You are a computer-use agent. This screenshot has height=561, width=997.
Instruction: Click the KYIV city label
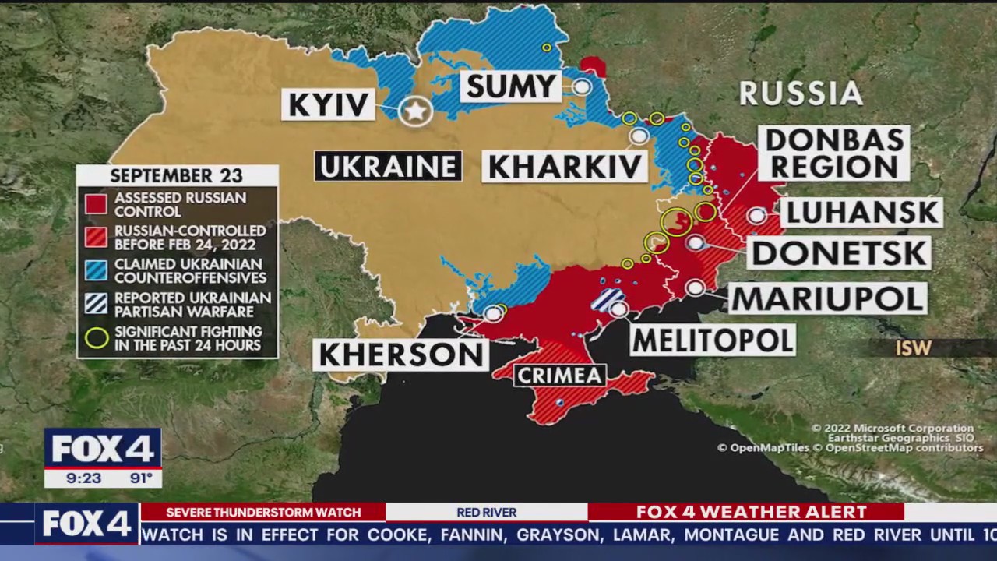[x=328, y=104]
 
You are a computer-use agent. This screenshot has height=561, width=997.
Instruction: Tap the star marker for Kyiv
[x=415, y=111]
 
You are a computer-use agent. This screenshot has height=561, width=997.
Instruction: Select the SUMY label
[x=511, y=86]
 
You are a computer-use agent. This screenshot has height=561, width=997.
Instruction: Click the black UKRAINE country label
[x=388, y=166]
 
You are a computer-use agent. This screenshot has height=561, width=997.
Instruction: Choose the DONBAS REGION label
[x=834, y=153]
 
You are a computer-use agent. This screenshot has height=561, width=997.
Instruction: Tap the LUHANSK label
[x=861, y=212]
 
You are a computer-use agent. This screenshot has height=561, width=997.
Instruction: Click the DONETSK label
[x=839, y=253]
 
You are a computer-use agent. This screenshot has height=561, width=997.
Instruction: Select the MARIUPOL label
[x=828, y=298]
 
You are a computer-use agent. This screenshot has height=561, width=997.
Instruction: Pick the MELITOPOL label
[x=712, y=340]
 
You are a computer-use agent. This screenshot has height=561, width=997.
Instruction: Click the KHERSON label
[x=401, y=355]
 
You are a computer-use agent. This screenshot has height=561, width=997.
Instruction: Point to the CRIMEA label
[x=559, y=376]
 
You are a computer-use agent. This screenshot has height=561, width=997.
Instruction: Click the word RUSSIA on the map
[x=801, y=93]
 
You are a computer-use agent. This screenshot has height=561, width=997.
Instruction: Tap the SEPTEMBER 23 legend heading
[x=176, y=175]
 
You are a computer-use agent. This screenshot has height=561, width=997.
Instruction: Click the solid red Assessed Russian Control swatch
[x=96, y=204]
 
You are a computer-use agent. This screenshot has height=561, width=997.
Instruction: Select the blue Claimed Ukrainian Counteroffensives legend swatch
[x=96, y=270]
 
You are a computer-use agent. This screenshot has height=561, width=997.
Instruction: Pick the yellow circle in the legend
[x=97, y=338]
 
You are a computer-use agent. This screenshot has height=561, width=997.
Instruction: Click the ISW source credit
[x=913, y=348]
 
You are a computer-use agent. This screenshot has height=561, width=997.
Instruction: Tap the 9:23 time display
[x=83, y=478]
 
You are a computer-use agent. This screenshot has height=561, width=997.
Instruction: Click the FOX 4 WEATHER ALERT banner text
[x=751, y=512]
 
